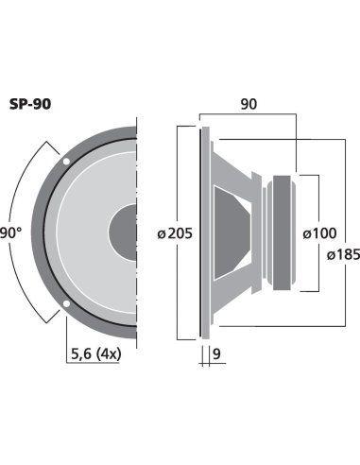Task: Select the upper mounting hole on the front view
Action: coord(66,163)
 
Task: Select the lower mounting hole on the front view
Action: coord(66,303)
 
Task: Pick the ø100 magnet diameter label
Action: coord(320,232)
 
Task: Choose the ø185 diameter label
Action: coord(342,254)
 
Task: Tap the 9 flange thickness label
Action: coord(215,356)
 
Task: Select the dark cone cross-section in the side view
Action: coord(231,231)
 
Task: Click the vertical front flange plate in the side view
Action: coord(202,232)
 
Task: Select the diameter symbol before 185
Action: coord(328,254)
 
